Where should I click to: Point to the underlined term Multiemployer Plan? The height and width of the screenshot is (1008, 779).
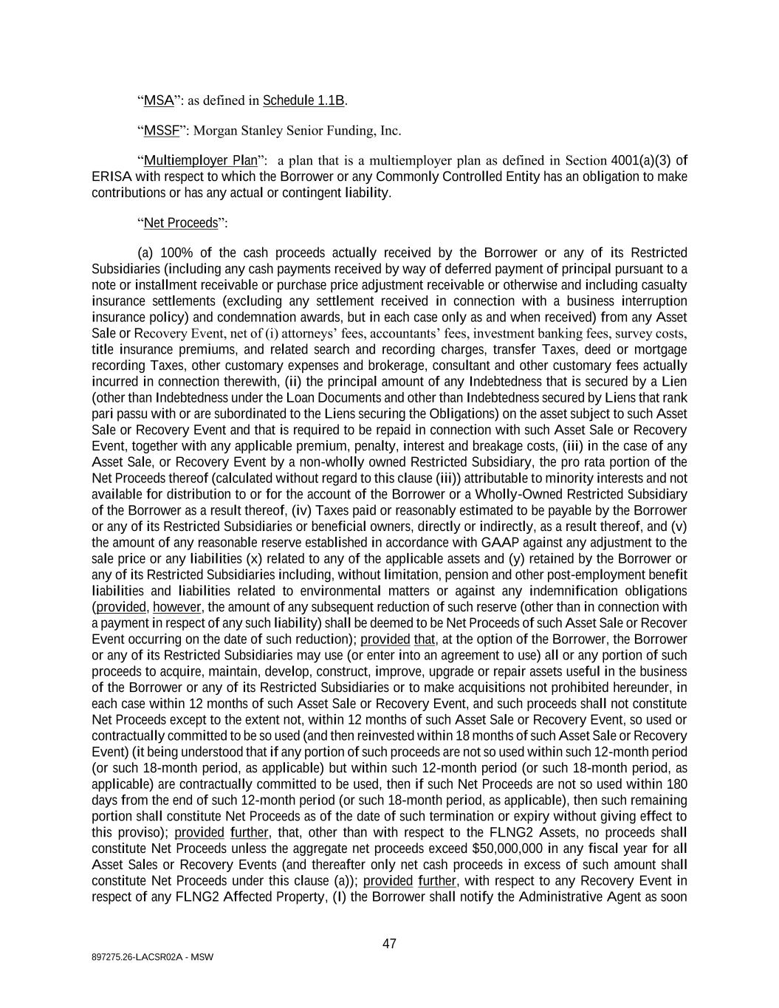point(200,160)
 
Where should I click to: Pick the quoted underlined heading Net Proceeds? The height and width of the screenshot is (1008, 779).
point(181,223)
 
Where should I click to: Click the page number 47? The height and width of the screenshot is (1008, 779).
point(389,944)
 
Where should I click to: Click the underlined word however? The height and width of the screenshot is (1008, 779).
point(177,607)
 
